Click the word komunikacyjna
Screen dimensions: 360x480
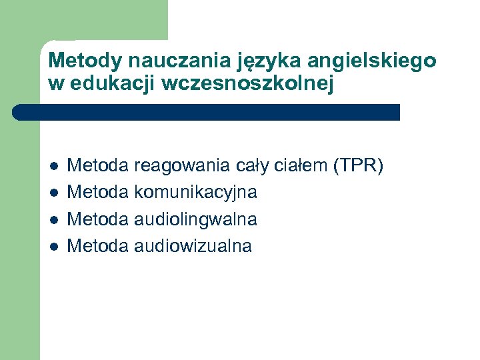point(195,193)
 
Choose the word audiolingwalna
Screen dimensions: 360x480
point(195,219)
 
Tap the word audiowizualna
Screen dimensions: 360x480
point(193,246)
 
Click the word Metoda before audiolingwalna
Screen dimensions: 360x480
point(99,219)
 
